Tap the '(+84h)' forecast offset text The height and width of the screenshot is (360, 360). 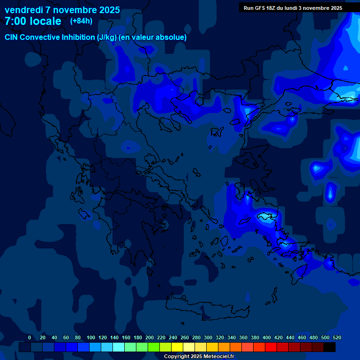(x=81, y=21)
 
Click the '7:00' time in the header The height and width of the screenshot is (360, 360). (x=15, y=21)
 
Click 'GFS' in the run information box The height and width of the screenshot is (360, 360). (x=261, y=8)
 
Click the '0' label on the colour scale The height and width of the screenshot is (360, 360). (x=30, y=337)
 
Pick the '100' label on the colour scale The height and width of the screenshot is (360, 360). (x=91, y=337)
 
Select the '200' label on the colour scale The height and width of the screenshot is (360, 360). (x=150, y=337)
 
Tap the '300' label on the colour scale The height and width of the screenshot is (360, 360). (x=208, y=337)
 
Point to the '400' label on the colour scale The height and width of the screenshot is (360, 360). (x=267, y=337)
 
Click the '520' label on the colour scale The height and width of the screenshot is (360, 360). (x=337, y=337)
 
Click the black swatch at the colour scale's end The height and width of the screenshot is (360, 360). (x=330, y=347)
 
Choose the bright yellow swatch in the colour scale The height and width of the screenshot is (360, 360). (x=177, y=347)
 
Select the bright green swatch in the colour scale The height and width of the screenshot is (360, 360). (x=154, y=347)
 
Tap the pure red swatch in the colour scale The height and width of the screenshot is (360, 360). (x=271, y=347)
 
